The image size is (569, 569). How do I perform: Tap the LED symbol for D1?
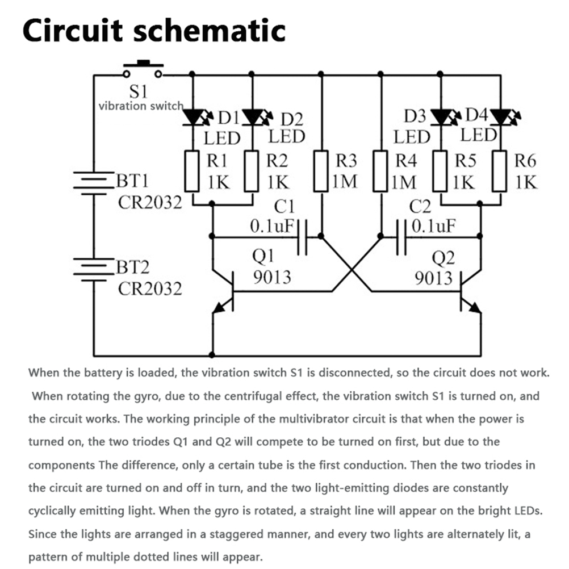click(x=193, y=118)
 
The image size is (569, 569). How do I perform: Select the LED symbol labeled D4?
click(x=500, y=118)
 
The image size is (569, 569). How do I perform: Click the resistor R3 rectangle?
click(x=321, y=171)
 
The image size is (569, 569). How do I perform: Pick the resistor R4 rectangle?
click(x=380, y=171)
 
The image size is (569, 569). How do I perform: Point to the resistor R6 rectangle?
click(x=500, y=171)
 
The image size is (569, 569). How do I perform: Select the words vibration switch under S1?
click(x=141, y=105)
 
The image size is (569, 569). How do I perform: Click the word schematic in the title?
click(x=208, y=31)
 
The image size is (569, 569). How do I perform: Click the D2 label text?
click(x=292, y=120)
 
